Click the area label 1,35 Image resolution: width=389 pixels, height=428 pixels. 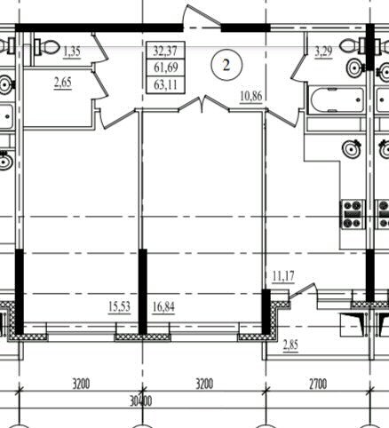(x=72, y=52)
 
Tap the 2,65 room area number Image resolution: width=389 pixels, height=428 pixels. (x=63, y=83)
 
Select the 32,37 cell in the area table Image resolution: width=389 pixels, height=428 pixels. (x=165, y=51)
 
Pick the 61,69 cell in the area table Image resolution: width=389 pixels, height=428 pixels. (x=166, y=67)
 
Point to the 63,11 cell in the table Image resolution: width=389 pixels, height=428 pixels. (x=166, y=85)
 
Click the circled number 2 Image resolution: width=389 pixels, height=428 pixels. (x=226, y=65)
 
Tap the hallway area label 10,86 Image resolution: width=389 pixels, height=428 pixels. (x=251, y=96)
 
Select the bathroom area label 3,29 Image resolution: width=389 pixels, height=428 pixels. (x=323, y=52)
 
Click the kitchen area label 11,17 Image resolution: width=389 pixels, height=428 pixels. (x=283, y=276)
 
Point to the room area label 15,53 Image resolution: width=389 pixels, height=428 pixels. (x=119, y=306)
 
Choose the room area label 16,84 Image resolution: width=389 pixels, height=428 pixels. (x=163, y=307)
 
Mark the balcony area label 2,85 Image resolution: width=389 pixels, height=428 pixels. (x=290, y=345)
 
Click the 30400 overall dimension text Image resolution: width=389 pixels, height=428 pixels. (x=141, y=401)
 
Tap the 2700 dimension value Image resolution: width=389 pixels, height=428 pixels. (x=318, y=384)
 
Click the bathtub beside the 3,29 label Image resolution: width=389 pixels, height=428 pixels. (x=337, y=100)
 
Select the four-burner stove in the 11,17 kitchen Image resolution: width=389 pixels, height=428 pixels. (x=353, y=214)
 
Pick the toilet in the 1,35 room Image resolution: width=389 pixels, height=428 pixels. (x=47, y=46)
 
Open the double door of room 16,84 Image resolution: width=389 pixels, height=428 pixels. (x=203, y=104)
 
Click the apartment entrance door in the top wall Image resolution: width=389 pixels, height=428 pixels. (x=202, y=17)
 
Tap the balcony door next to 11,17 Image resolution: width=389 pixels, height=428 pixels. (x=303, y=290)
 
